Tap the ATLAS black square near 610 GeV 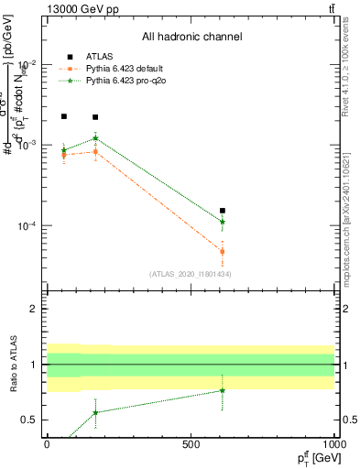(x=223, y=211)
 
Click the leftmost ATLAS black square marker (x=63, y=116)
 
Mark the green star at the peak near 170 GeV (x=95, y=138)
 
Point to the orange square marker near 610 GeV (x=223, y=251)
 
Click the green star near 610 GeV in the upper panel (x=223, y=222)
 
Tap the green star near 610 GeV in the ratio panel (x=223, y=390)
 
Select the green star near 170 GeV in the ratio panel (x=95, y=412)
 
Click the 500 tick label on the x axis (x=191, y=443)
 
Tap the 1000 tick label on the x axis (x=333, y=443)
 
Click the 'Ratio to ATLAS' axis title (x=13, y=365)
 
